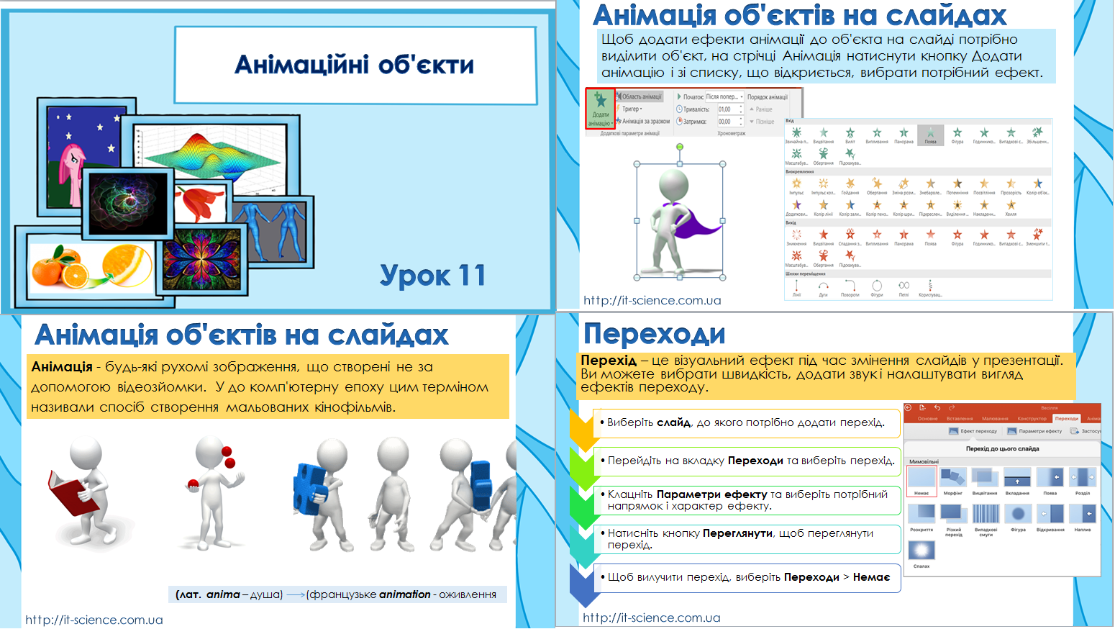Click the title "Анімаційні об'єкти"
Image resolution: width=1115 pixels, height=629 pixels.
tap(355, 65)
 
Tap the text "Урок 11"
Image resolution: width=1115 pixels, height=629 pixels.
tap(432, 275)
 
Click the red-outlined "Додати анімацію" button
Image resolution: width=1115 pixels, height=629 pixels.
tap(601, 109)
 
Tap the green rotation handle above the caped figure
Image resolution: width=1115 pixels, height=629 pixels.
tap(679, 147)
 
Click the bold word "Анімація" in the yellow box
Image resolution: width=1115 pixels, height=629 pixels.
tap(62, 367)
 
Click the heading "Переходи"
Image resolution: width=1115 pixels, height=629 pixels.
tap(654, 334)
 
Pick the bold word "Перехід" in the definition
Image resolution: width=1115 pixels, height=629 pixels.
tap(609, 361)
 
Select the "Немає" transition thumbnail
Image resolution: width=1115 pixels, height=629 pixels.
tap(921, 478)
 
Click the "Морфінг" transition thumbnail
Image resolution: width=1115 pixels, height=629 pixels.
tap(953, 478)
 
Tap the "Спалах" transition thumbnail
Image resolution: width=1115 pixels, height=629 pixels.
tap(921, 551)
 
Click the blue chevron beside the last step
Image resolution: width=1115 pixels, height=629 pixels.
tap(584, 584)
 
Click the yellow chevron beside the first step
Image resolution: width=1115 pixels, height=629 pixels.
tap(583, 428)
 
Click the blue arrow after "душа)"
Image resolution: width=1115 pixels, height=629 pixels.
tap(295, 595)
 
